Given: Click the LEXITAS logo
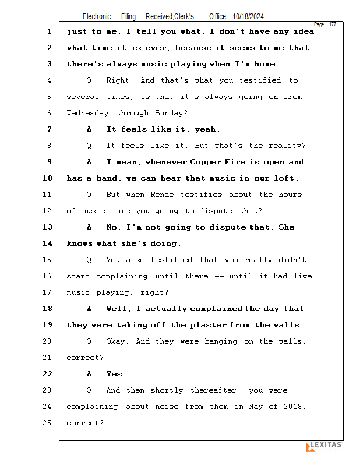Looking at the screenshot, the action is (324, 446).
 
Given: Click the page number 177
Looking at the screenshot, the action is (333, 24).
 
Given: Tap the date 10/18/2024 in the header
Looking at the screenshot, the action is (248, 17).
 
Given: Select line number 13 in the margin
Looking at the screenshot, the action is (48, 227).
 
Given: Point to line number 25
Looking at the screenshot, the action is (47, 423).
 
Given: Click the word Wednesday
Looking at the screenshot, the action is (88, 113).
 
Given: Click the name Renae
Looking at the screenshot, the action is (162, 195).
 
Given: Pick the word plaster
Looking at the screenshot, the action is (209, 325).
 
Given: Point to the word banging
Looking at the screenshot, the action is (221, 342).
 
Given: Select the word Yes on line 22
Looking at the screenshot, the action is (114, 374).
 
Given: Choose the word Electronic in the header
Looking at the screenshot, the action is (97, 17).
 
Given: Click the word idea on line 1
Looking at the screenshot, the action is (304, 31).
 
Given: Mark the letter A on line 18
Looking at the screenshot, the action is (89, 309).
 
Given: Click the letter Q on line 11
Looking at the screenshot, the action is (89, 195).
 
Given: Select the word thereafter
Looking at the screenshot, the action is (214, 390).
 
